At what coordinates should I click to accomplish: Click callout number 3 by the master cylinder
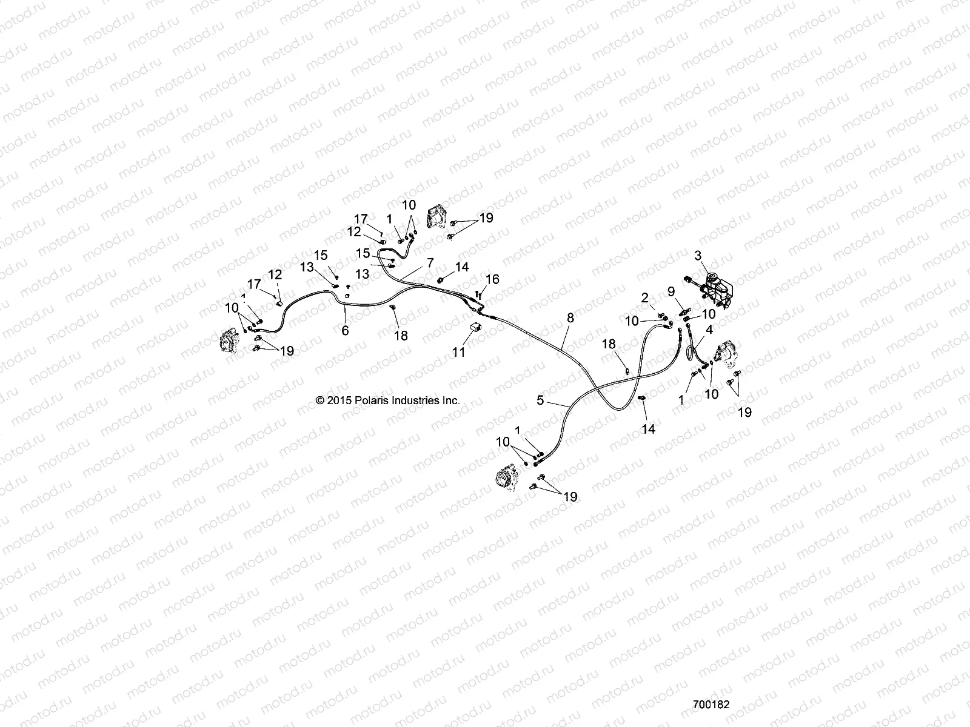point(698,256)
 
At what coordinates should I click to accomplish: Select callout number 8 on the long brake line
point(570,317)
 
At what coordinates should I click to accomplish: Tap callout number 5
point(540,400)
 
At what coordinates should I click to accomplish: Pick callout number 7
point(430,263)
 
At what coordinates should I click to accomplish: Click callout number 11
point(459,351)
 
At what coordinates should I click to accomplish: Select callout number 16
point(492,279)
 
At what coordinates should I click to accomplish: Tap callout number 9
point(671,292)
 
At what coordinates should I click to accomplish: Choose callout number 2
point(645,297)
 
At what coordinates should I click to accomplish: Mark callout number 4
point(709,330)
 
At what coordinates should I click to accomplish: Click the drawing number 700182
point(711,705)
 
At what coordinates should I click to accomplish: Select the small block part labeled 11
point(475,327)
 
